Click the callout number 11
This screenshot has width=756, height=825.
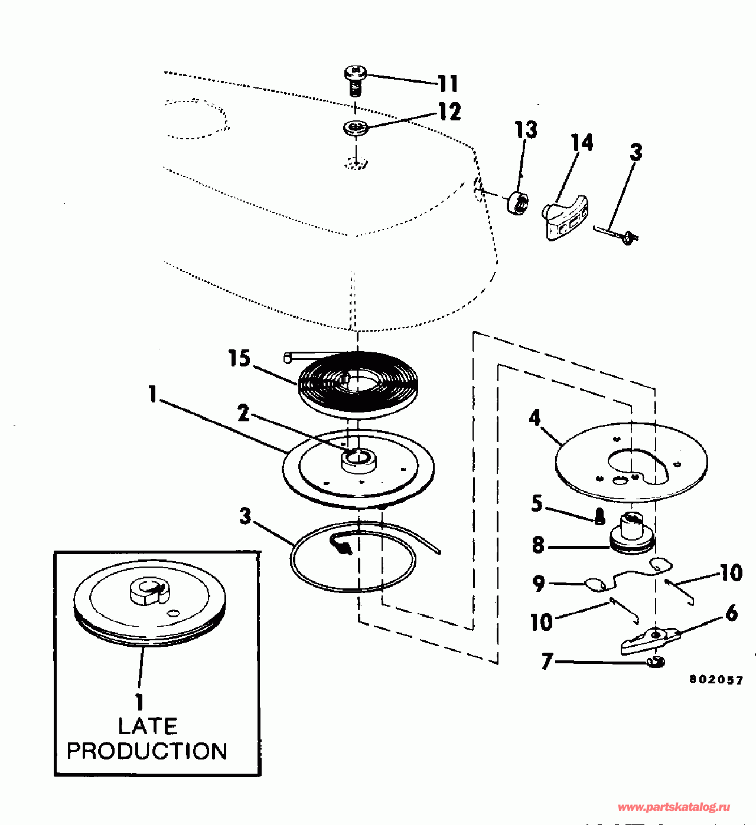[448, 83]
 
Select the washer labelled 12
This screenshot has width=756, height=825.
[356, 127]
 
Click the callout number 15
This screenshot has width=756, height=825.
[240, 358]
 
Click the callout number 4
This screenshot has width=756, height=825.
[535, 418]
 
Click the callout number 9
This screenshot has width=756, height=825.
[539, 584]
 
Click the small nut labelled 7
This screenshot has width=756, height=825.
[654, 662]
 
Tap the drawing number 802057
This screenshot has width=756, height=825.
[716, 679]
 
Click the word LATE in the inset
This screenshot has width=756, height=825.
[148, 726]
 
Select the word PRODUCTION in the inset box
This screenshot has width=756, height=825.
[147, 751]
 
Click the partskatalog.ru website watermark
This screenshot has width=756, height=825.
[673, 807]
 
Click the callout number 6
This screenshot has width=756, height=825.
[731, 613]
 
